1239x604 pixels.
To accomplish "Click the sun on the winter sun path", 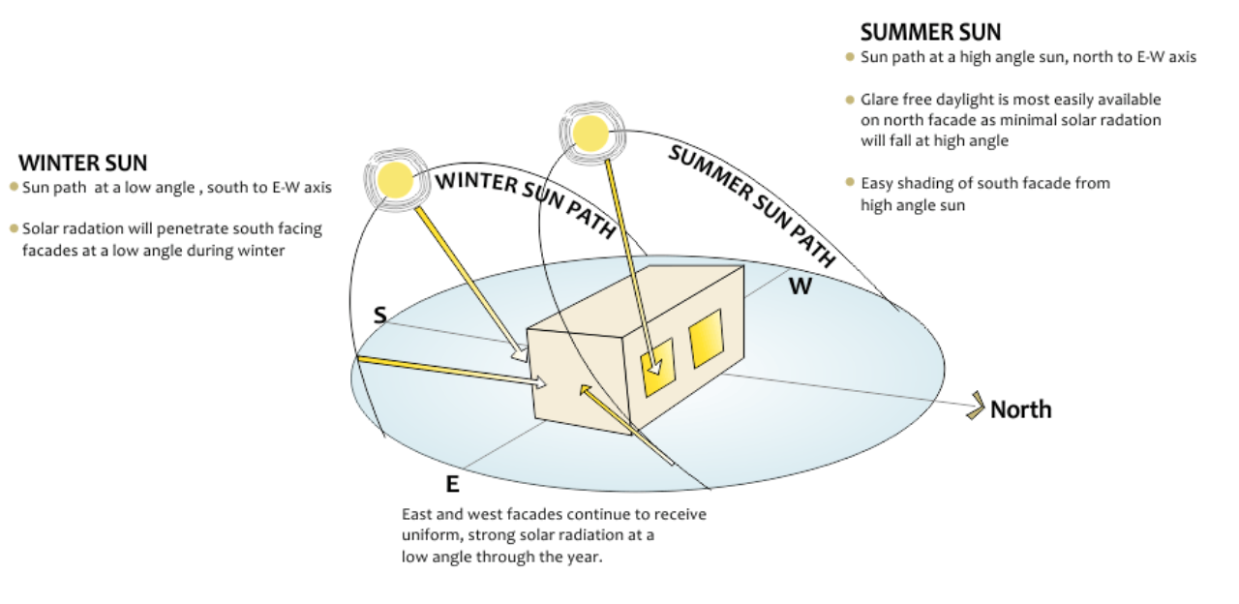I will click(395, 178).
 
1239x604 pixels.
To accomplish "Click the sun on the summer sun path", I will click(590, 132).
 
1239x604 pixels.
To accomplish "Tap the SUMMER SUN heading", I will click(930, 32).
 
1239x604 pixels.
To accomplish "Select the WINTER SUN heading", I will click(82, 163).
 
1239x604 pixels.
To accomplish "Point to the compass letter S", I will click(380, 316).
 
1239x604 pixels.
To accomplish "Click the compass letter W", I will click(800, 287).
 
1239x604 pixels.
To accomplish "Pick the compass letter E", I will click(452, 484).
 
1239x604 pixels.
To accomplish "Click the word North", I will click(1020, 409).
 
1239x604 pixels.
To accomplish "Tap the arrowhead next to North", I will click(975, 407).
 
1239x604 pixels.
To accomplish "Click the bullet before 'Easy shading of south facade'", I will click(851, 182).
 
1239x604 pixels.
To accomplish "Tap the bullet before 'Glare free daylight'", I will click(851, 100).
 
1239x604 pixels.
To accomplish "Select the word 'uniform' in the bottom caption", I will click(429, 535).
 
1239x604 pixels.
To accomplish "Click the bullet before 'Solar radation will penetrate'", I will click(14, 228).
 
